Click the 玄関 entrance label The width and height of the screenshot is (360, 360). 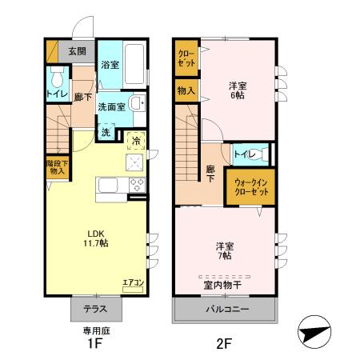point(77,51)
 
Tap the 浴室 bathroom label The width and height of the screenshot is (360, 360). point(110,65)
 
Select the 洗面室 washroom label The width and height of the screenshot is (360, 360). point(110,106)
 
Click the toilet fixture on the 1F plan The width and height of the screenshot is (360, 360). point(56,79)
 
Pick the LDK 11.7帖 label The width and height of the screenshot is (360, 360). point(96,238)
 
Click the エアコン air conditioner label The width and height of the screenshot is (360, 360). point(132,282)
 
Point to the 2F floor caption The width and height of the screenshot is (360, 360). point(223,345)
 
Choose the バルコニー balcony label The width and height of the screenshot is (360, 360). point(226,309)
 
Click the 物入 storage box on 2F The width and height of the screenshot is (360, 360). point(186,91)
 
